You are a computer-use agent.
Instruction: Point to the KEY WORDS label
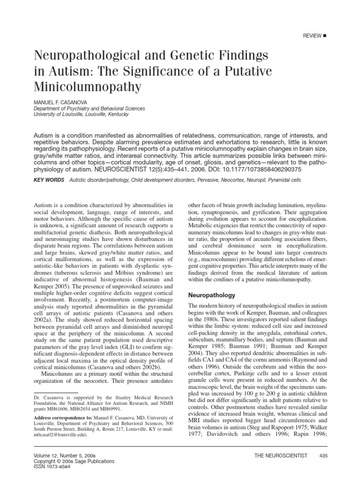[48, 180]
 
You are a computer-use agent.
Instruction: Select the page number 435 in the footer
[322, 456]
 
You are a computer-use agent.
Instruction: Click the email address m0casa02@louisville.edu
[60, 435]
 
